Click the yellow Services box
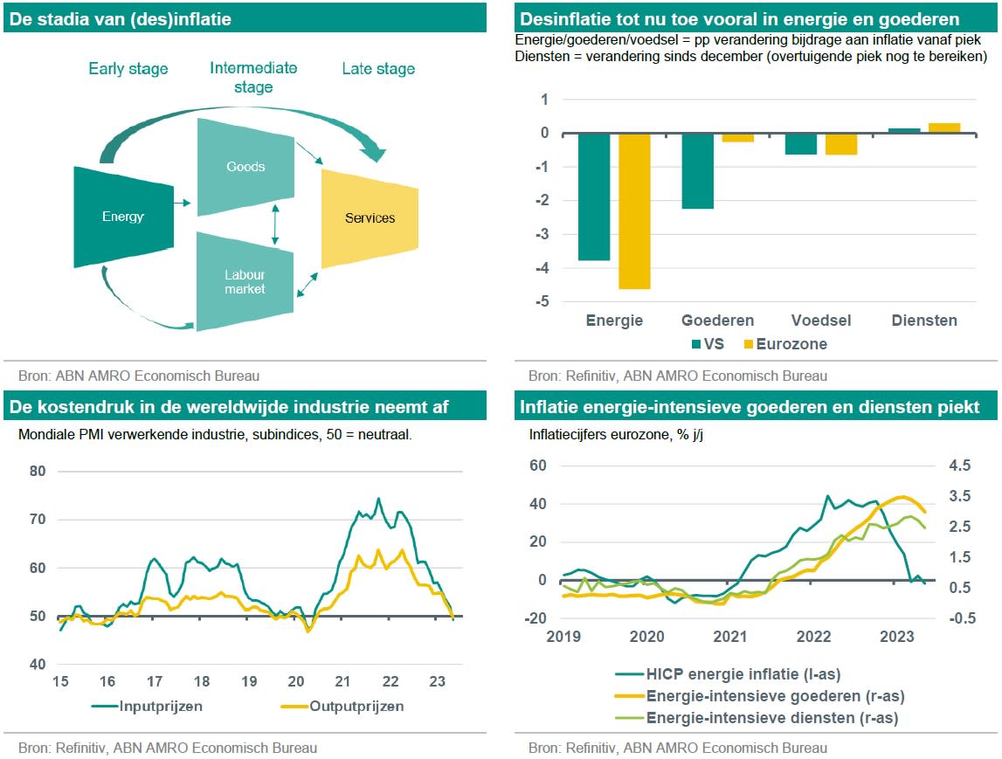(370, 217)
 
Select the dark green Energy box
(122, 217)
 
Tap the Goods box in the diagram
(245, 167)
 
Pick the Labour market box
(245, 281)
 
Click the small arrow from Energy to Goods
(182, 203)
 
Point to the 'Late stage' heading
(378, 69)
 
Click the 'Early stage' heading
(128, 69)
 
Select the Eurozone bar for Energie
(634, 210)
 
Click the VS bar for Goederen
(697, 171)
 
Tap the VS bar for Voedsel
(800, 144)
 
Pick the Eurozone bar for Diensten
(944, 128)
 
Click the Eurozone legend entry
(783, 344)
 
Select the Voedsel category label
(820, 321)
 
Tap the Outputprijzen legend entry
(346, 706)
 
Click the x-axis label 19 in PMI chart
(248, 681)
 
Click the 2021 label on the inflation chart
(730, 636)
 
